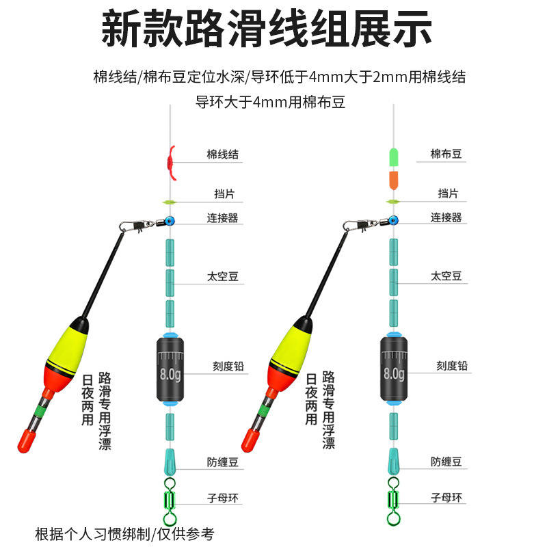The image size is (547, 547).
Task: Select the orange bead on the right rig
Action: coord(393,181)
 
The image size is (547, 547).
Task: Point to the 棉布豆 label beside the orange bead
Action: coord(446,155)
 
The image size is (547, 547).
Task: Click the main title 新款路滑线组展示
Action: coord(273,29)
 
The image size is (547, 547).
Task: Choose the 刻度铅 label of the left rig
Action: coord(226,366)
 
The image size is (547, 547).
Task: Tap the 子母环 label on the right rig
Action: coord(446,497)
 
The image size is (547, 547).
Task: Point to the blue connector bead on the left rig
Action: coord(169,222)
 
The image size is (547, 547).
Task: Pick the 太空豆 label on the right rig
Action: coord(446,276)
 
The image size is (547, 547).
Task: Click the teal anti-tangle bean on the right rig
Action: coord(393,462)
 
